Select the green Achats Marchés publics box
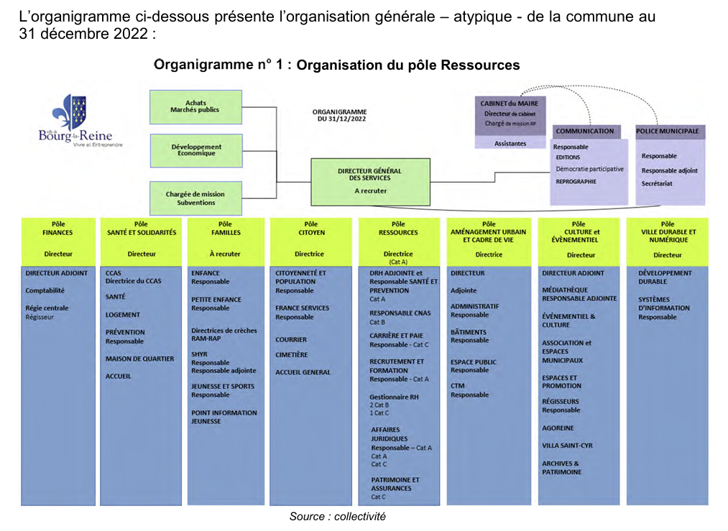195,106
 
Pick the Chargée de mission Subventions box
195,198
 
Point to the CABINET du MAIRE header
510,103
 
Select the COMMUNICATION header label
585,131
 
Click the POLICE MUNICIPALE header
668,131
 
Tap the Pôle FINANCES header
57,228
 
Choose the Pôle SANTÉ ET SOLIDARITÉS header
142,228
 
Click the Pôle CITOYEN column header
310,228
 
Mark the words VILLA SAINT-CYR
568,445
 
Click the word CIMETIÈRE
292,354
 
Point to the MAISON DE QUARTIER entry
139,359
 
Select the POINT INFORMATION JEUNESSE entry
224,417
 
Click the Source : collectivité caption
337,517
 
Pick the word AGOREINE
558,428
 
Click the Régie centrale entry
47,308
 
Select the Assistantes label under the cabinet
510,143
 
